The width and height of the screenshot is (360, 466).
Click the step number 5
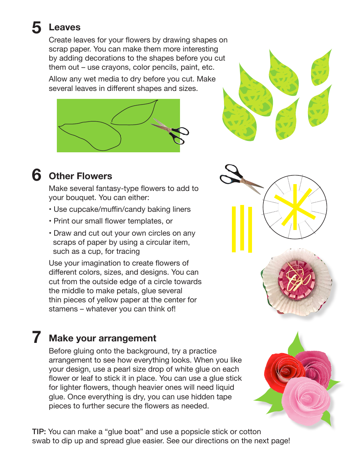36,28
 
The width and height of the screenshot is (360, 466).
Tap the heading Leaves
64,27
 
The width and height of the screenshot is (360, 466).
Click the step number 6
36,175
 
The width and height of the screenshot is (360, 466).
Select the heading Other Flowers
80,176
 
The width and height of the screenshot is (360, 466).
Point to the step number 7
36,337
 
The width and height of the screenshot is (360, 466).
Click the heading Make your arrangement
103,338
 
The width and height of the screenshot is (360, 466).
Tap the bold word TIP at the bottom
39,432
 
